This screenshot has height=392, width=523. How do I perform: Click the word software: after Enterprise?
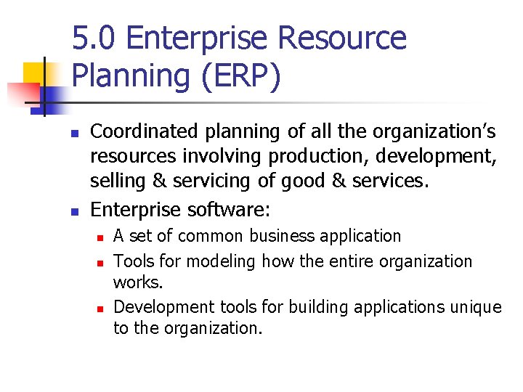[228, 211]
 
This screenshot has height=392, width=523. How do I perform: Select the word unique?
[475, 307]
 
